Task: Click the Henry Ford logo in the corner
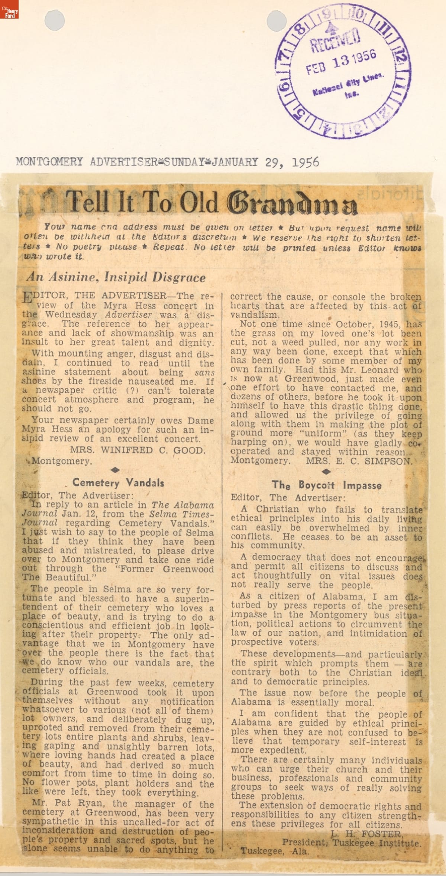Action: (x=9, y=9)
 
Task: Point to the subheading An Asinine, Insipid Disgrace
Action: (x=116, y=278)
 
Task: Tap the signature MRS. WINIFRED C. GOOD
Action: (x=138, y=450)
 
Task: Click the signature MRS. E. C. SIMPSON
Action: (x=359, y=461)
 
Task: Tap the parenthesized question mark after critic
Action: (x=133, y=391)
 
